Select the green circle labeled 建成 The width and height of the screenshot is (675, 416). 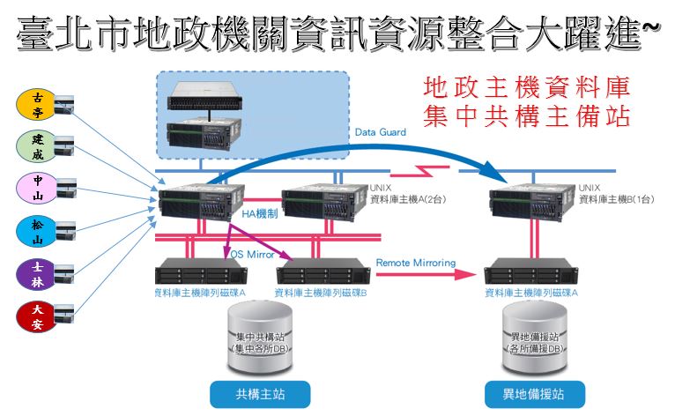tap(36, 147)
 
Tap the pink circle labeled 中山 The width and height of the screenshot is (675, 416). tap(36, 189)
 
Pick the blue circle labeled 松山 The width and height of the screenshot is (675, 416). tap(36, 231)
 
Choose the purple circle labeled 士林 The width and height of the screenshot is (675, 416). tap(36, 273)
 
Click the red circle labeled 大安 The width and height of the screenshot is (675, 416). tap(36, 316)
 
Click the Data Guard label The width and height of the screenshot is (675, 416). tap(381, 132)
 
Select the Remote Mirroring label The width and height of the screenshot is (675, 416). tap(415, 263)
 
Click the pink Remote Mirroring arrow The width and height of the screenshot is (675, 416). tap(423, 275)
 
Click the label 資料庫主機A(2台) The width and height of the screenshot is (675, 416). tap(409, 200)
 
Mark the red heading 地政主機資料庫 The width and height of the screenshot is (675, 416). tap(527, 88)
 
